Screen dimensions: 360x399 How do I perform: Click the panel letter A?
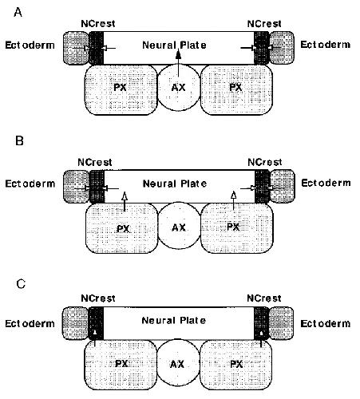(18, 12)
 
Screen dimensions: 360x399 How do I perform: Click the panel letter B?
(19, 140)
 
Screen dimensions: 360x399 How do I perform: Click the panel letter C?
(21, 284)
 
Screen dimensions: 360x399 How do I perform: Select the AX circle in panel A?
(178, 89)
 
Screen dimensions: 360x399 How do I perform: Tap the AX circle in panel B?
(179, 226)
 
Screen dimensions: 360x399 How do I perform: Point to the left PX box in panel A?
(121, 90)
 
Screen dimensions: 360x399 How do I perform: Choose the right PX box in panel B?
(237, 228)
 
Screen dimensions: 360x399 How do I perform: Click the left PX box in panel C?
(121, 365)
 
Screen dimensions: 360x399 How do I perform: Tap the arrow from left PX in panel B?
(125, 202)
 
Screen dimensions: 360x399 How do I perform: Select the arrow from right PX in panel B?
(234, 201)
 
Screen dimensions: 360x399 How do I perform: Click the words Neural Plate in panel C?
(174, 320)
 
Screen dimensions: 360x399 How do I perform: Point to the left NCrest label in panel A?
(98, 24)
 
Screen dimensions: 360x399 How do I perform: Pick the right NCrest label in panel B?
(265, 162)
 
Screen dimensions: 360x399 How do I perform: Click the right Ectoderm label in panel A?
(325, 45)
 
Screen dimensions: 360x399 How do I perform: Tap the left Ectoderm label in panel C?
(30, 323)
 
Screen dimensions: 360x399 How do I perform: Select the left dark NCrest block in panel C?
(96, 323)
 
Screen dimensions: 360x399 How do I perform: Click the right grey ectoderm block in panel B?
(283, 186)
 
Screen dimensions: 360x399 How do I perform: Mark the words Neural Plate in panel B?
(175, 184)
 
